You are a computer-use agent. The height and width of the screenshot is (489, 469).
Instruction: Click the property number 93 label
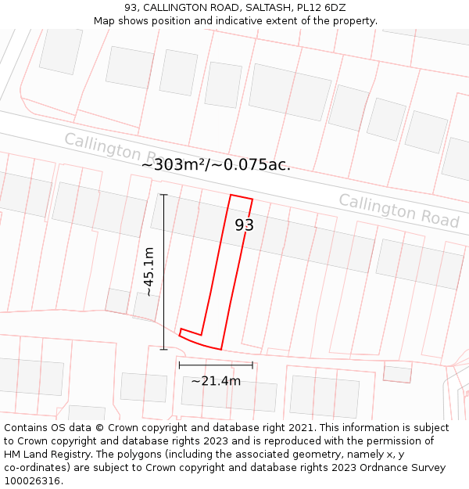click(x=245, y=225)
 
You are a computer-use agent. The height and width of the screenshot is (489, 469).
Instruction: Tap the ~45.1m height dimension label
click(x=148, y=271)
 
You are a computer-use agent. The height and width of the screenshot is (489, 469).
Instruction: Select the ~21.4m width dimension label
click(x=216, y=381)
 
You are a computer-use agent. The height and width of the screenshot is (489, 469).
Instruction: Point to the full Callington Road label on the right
click(x=399, y=210)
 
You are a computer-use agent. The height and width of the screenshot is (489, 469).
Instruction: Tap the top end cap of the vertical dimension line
click(x=163, y=195)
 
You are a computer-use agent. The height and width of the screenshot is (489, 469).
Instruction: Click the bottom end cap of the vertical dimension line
click(x=163, y=349)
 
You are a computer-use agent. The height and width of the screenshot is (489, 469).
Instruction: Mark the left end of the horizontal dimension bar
click(x=179, y=365)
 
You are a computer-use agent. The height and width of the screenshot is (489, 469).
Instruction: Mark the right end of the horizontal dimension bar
click(x=252, y=365)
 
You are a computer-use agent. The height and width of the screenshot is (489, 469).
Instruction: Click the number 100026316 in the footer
click(x=34, y=481)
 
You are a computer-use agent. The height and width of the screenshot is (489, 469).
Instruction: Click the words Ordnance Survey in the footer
click(x=401, y=468)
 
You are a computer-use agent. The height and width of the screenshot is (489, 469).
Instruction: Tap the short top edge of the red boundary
click(x=242, y=197)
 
